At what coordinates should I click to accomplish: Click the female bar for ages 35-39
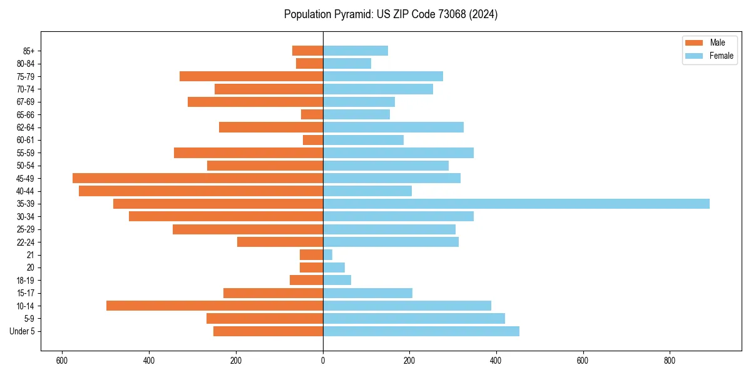pyautogui.click(x=516, y=204)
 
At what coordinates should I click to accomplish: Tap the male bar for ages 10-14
pyautogui.click(x=215, y=306)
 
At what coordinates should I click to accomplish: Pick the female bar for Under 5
pyautogui.click(x=421, y=331)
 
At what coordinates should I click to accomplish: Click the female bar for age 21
pyautogui.click(x=328, y=255)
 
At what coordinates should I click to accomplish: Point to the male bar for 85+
pyautogui.click(x=308, y=51)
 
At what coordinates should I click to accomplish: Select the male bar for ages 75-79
pyautogui.click(x=252, y=76)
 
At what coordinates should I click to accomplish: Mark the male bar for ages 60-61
pyautogui.click(x=313, y=140)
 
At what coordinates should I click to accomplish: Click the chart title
pyautogui.click(x=391, y=14)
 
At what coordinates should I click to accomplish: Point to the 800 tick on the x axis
pyautogui.click(x=670, y=361)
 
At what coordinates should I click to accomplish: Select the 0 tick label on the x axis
pyautogui.click(x=323, y=361)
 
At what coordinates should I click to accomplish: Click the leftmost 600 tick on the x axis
pyautogui.click(x=62, y=361)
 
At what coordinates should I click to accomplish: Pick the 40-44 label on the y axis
pyautogui.click(x=26, y=191)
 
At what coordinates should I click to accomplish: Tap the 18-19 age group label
pyautogui.click(x=26, y=281)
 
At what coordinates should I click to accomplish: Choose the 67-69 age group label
pyautogui.click(x=26, y=102)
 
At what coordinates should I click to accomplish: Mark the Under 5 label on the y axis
pyautogui.click(x=23, y=331)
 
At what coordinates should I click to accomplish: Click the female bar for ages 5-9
pyautogui.click(x=414, y=319)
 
